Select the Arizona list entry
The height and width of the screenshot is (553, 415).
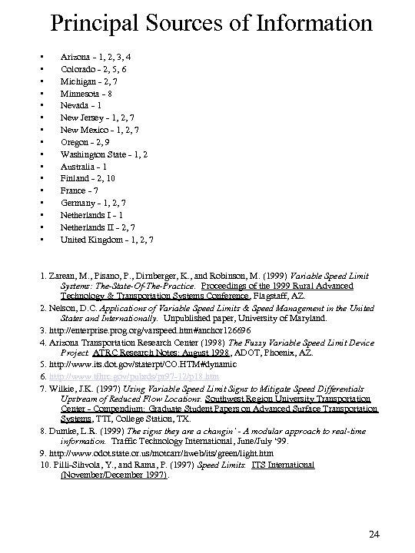(96, 57)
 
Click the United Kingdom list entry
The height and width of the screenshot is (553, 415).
(107, 239)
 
